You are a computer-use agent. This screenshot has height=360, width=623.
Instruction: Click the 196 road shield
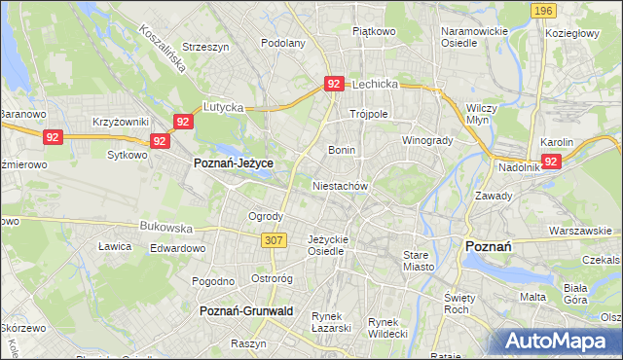pos(544,10)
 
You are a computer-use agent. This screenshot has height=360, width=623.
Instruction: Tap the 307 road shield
pos(273,239)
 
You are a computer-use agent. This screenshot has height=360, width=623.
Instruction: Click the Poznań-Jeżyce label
pos(233,163)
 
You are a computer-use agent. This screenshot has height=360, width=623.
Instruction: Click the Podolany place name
pos(283,44)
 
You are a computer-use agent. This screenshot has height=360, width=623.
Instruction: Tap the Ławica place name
pos(115,246)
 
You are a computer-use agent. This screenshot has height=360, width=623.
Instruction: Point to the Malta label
pos(532,297)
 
